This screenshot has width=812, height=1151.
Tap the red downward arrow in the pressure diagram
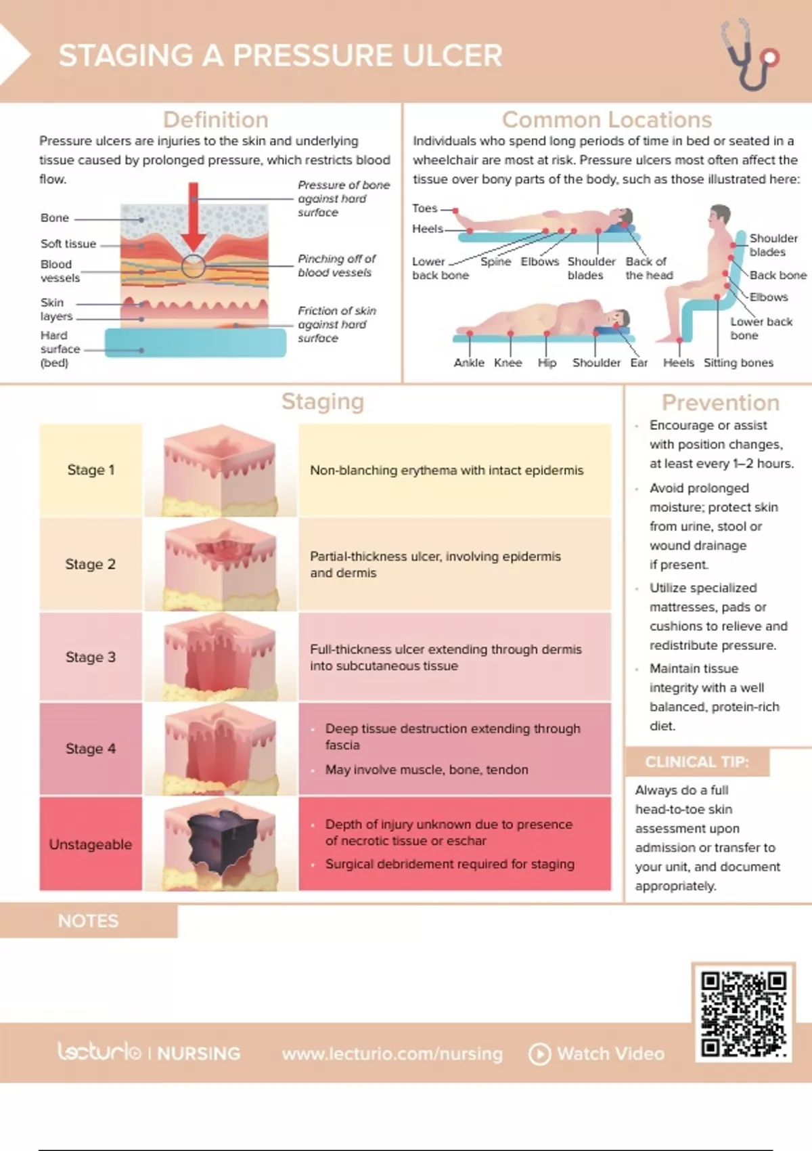coord(193,217)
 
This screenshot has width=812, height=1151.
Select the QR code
coord(743,1013)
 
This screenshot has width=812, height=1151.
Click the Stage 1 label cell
coord(91,470)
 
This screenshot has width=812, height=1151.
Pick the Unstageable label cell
coord(91,844)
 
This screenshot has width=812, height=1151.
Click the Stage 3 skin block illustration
coord(221,657)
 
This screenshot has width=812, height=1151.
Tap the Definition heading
coord(216,120)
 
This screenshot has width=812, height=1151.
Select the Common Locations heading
coord(606,120)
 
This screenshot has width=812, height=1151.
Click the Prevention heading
coord(720,402)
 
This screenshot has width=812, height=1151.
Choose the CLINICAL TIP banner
coord(697,762)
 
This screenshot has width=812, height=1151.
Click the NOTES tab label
coord(89,921)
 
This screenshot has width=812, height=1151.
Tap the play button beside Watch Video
coord(539,1054)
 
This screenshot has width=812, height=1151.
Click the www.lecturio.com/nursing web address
coord(392,1054)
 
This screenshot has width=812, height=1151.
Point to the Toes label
coord(424,208)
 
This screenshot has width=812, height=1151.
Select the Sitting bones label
coord(738,363)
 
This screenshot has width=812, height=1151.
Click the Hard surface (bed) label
coord(60,349)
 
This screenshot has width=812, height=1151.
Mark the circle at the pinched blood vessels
coord(193,266)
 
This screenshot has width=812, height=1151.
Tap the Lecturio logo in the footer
coord(99,1052)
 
